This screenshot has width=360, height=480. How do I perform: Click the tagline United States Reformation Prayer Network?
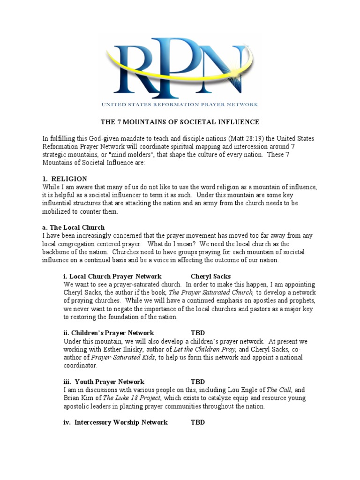coord(180,104)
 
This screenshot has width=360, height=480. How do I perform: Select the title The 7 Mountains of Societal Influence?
coord(180,122)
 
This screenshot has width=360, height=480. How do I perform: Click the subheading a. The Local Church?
coord(72,227)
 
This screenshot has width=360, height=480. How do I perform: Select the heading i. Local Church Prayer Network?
coord(112,276)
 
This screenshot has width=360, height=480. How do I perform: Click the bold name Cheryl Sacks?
coord(211,276)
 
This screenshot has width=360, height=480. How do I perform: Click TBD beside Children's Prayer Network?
coord(198,333)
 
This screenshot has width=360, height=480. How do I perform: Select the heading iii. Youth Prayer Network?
coord(104,382)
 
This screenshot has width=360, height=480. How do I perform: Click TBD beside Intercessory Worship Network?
coord(198,422)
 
